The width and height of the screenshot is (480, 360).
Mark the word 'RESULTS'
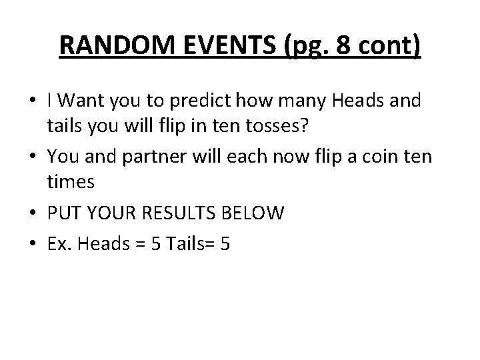coord(183,214)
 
